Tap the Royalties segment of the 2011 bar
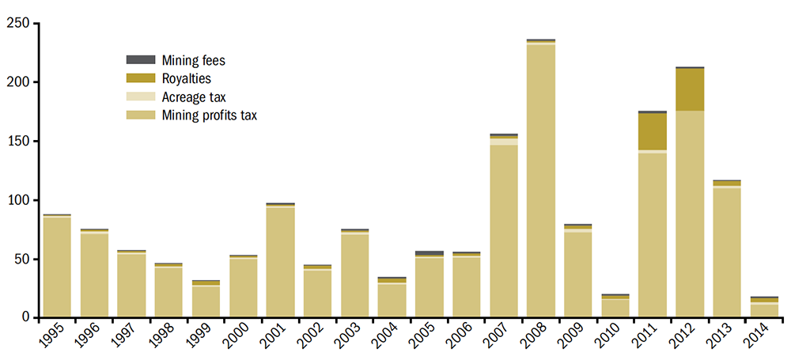653,131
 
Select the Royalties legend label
186,78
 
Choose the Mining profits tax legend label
210,116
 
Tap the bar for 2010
615,306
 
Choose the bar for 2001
280,261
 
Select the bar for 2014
764,308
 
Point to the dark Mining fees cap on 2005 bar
430,253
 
